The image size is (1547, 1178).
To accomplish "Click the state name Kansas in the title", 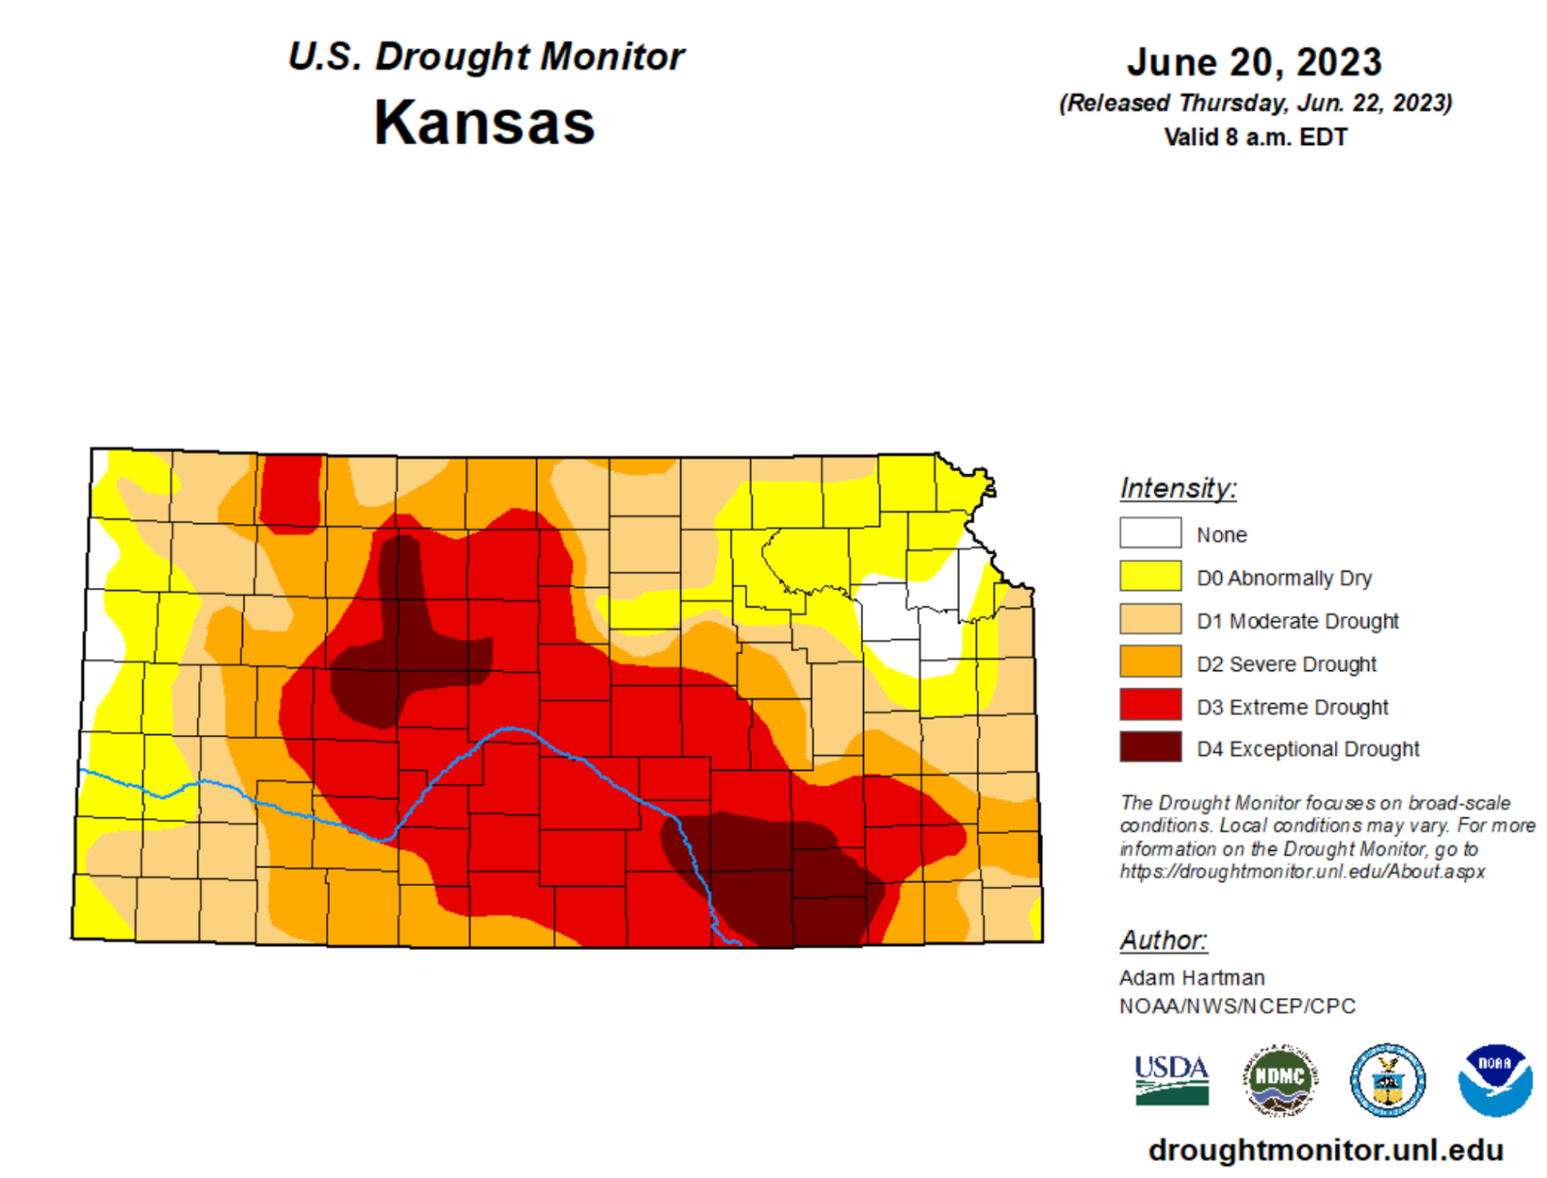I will pyautogui.click(x=484, y=123).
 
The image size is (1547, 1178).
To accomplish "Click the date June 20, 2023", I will pyautogui.click(x=1254, y=62).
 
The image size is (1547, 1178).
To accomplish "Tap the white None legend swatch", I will pyautogui.click(x=1149, y=533).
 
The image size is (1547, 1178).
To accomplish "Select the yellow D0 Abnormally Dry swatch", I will pyautogui.click(x=1149, y=576).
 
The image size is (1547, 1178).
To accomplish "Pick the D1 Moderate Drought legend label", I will pyautogui.click(x=1296, y=621).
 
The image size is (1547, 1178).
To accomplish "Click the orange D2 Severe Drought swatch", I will pyautogui.click(x=1149, y=663).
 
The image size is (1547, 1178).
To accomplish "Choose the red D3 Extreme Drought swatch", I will pyautogui.click(x=1149, y=705).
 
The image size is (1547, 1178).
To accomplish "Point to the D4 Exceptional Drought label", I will pyautogui.click(x=1307, y=749).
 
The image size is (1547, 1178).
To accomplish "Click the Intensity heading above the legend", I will pyautogui.click(x=1177, y=488).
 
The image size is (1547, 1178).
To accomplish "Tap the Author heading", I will pyautogui.click(x=1163, y=940).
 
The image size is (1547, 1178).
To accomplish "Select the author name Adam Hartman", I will pyautogui.click(x=1191, y=978).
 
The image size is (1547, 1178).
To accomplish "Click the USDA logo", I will pyautogui.click(x=1172, y=1079).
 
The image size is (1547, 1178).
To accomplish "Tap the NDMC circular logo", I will pyautogui.click(x=1279, y=1079).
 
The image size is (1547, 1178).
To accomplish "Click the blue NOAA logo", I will pyautogui.click(x=1495, y=1079).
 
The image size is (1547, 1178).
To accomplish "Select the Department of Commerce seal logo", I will pyautogui.click(x=1387, y=1079).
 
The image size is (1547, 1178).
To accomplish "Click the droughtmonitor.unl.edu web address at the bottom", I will pyautogui.click(x=1324, y=1150).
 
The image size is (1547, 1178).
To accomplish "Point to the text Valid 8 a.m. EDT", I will pyautogui.click(x=1255, y=137).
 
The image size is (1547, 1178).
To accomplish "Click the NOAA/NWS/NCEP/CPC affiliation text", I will pyautogui.click(x=1236, y=1006).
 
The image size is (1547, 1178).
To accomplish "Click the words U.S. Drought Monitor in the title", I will pyautogui.click(x=486, y=56).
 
